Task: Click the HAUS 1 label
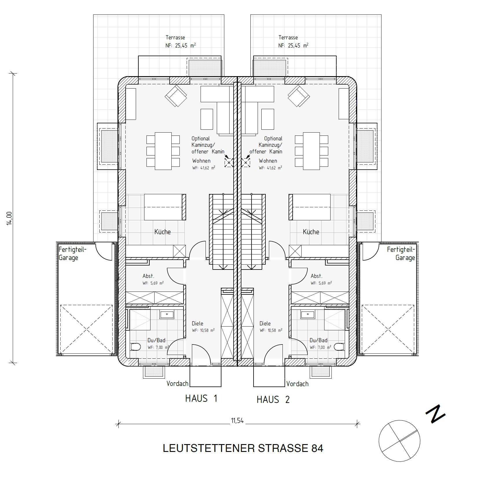tap(201, 399)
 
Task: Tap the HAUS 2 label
tap(273, 400)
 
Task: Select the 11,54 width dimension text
tap(237, 421)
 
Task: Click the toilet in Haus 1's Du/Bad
tap(135, 346)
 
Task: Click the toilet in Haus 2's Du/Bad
tap(339, 346)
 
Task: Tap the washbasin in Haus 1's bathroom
tap(167, 314)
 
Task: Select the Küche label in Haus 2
tap(311, 232)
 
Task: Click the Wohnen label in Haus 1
tap(201, 161)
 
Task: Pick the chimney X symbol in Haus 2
tap(246, 163)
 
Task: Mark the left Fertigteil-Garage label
tap(72, 254)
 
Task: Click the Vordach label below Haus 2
tap(298, 384)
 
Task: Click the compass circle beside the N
tap(399, 441)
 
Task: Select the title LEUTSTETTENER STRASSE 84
tap(243, 448)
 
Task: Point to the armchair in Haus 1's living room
tap(176, 96)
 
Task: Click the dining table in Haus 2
tap(311, 151)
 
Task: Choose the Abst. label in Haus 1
tap(148, 276)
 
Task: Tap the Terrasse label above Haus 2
tap(288, 37)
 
